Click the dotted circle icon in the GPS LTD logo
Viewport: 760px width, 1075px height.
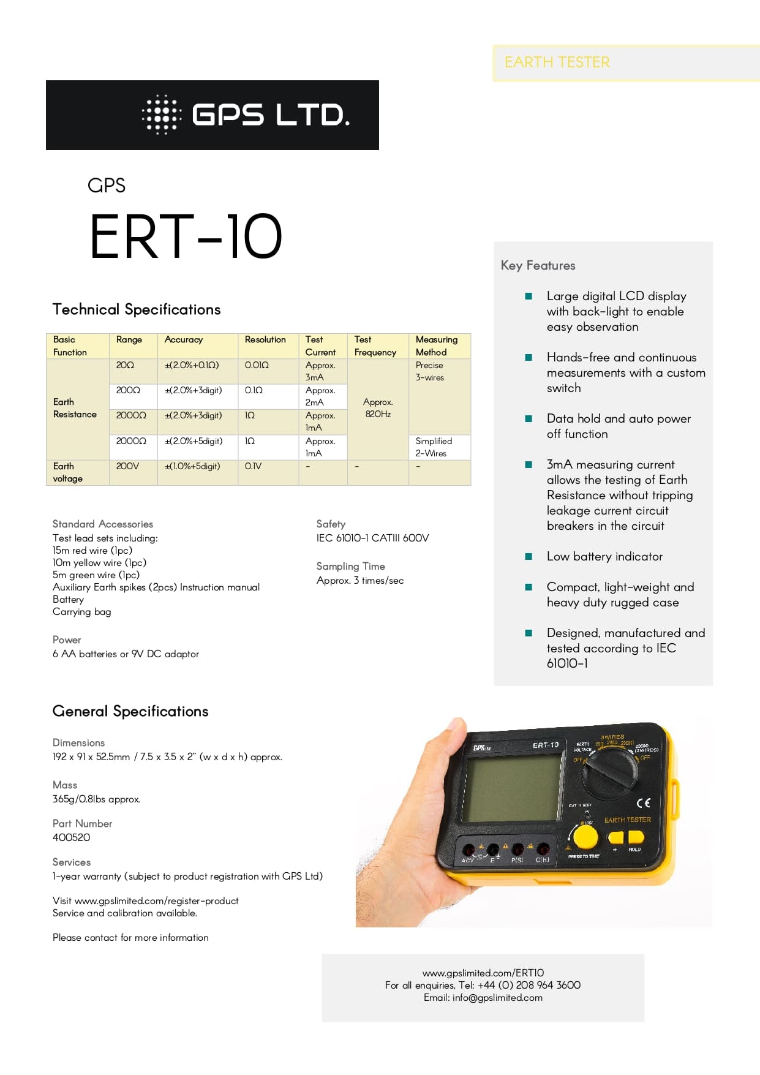pos(162,115)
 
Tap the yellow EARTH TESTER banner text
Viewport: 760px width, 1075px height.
pos(557,62)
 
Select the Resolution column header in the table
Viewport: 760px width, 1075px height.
pos(265,340)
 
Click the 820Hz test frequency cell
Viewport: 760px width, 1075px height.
pos(378,409)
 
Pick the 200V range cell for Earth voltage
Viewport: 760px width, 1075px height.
pos(127,466)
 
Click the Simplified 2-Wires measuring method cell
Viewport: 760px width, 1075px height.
pos(434,447)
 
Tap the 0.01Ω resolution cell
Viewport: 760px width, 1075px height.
pos(257,365)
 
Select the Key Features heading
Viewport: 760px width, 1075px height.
pos(538,265)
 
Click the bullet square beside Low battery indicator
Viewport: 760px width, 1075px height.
pos(529,557)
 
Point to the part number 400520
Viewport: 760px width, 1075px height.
pos(71,837)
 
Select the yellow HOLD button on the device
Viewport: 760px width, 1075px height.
pos(636,837)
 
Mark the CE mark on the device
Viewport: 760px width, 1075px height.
pos(643,803)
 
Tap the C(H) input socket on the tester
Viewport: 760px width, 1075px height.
pos(543,850)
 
